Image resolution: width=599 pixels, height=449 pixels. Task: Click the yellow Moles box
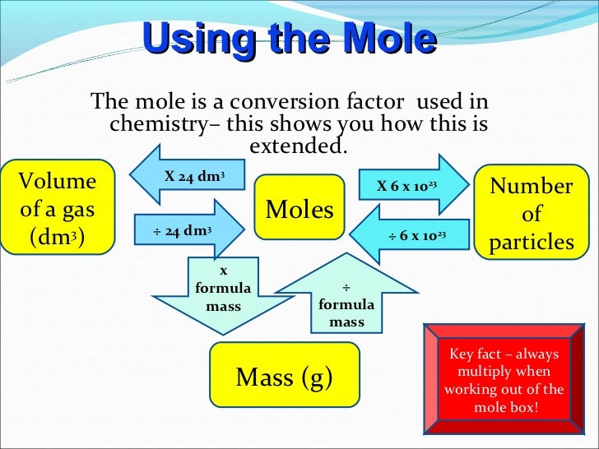point(299,211)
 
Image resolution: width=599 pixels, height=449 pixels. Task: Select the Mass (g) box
point(284,377)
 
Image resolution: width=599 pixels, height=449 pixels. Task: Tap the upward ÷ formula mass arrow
point(346,299)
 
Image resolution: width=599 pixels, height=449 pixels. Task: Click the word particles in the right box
point(532,243)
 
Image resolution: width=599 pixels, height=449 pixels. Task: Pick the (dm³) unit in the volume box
point(57,238)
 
